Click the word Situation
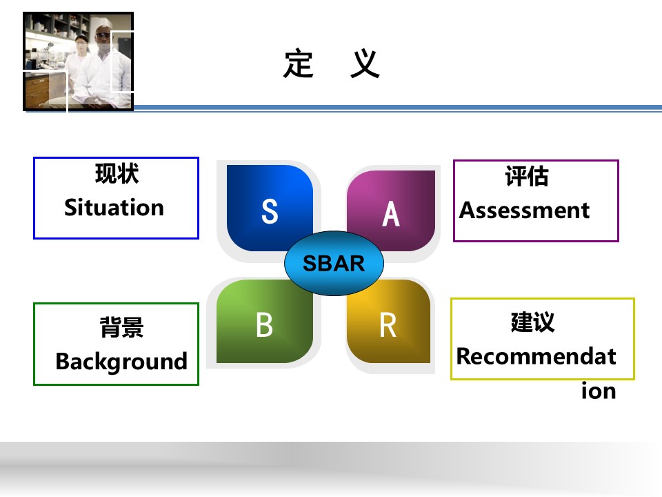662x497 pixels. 114,208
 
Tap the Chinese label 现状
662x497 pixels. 117,173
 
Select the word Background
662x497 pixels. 121,362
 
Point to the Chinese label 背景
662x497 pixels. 121,327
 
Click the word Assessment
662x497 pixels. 524,210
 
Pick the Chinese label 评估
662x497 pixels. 527,176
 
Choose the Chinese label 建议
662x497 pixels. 532,322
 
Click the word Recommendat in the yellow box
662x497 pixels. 536,356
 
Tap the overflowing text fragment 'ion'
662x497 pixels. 599,391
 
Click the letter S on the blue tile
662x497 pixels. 270,211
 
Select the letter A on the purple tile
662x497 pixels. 391,214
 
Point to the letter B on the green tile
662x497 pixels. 264,324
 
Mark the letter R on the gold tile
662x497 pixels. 388,325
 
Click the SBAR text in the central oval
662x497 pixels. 334,263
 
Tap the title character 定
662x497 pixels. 299,64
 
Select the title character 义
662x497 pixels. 365,64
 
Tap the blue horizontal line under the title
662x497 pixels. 398,108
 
